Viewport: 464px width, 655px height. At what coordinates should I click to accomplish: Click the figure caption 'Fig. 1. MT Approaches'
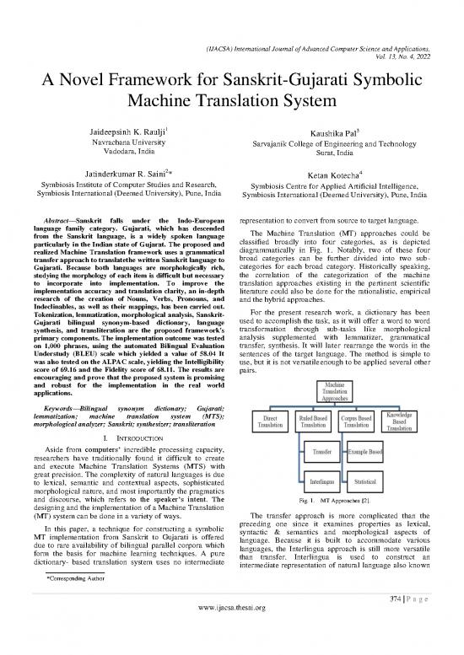(x=338, y=503)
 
